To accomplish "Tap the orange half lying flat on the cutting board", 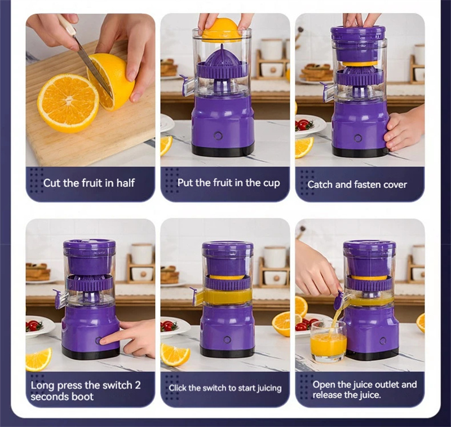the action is pyautogui.click(x=68, y=103).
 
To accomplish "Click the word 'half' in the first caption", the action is pyautogui.click(x=125, y=183).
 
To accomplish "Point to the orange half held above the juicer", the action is pyautogui.click(x=220, y=30).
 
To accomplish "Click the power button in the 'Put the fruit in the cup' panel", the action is pyautogui.click(x=218, y=135).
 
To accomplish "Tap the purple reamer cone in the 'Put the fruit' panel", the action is pyautogui.click(x=222, y=59).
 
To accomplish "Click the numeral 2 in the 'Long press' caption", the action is pyautogui.click(x=138, y=385).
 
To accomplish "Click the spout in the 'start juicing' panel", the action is pyautogui.click(x=196, y=296).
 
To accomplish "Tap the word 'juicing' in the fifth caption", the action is pyautogui.click(x=269, y=389).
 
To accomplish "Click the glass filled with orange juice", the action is pyautogui.click(x=328, y=341).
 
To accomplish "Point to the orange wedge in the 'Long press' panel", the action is pyautogui.click(x=38, y=359).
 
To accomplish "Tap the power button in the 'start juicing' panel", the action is pyautogui.click(x=227, y=340).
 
